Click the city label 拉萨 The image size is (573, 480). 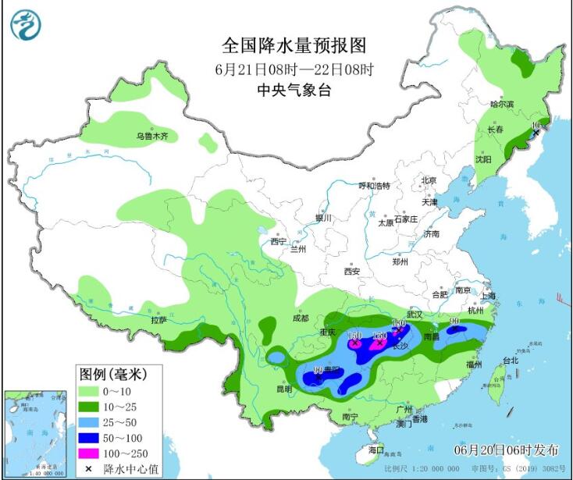[158, 319]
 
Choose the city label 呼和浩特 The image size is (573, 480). [373, 186]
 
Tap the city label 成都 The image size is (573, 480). [301, 318]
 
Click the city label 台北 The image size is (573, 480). [510, 361]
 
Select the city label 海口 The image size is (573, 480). [376, 450]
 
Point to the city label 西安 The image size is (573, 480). [351, 272]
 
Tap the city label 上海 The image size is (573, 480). [489, 296]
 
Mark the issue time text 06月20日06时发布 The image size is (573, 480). [507, 450]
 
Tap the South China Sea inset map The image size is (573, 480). [34, 432]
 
